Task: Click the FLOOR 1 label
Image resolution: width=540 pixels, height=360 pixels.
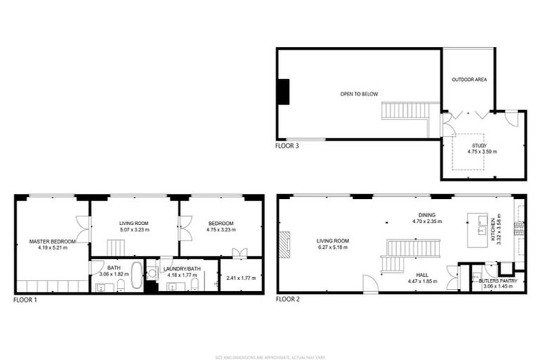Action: click(x=25, y=299)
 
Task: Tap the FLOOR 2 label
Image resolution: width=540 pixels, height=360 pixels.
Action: click(x=288, y=299)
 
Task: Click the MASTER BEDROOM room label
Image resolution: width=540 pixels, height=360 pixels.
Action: click(x=48, y=241)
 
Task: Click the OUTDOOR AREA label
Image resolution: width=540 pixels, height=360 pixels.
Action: click(x=470, y=79)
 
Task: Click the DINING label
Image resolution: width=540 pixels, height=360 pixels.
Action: click(x=427, y=215)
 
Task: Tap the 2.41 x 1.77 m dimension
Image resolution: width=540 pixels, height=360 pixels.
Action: click(x=239, y=278)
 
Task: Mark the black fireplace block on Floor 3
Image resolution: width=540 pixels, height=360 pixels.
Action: click(x=283, y=91)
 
